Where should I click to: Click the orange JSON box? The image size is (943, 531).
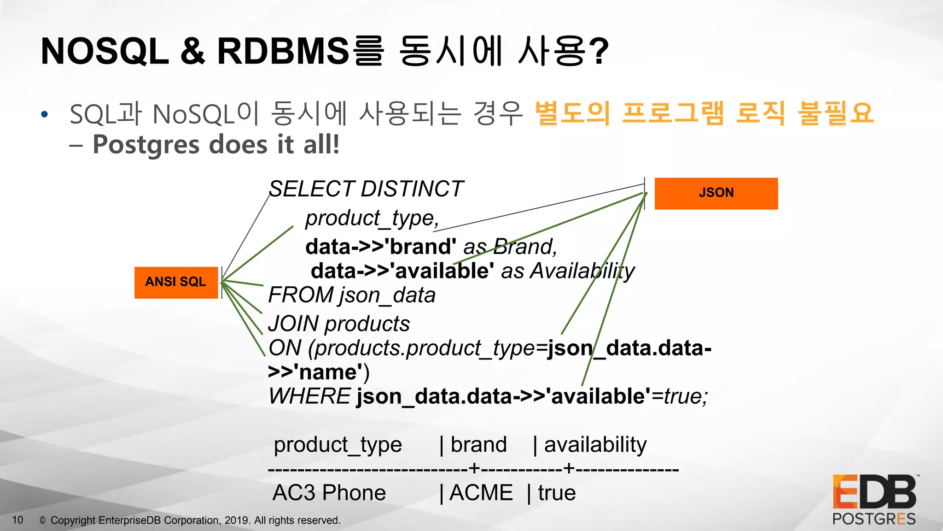click(x=716, y=193)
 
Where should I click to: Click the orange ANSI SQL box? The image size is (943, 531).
click(x=176, y=282)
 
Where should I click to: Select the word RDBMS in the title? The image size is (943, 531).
click(x=283, y=51)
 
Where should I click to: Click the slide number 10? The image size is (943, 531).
click(x=17, y=520)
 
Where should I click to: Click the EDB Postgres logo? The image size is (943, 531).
click(x=874, y=500)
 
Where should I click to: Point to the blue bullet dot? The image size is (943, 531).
click(x=44, y=114)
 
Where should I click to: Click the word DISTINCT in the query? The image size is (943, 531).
click(x=412, y=189)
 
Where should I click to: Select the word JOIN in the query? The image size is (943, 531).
click(x=293, y=324)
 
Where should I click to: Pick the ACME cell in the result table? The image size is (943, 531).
click(x=481, y=493)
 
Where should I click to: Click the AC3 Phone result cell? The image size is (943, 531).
click(x=329, y=493)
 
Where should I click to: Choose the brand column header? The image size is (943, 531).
click(x=478, y=445)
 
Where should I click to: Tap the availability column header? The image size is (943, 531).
click(x=595, y=445)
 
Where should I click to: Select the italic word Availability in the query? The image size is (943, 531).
click(x=582, y=271)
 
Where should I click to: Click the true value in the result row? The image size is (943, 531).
click(x=557, y=493)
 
